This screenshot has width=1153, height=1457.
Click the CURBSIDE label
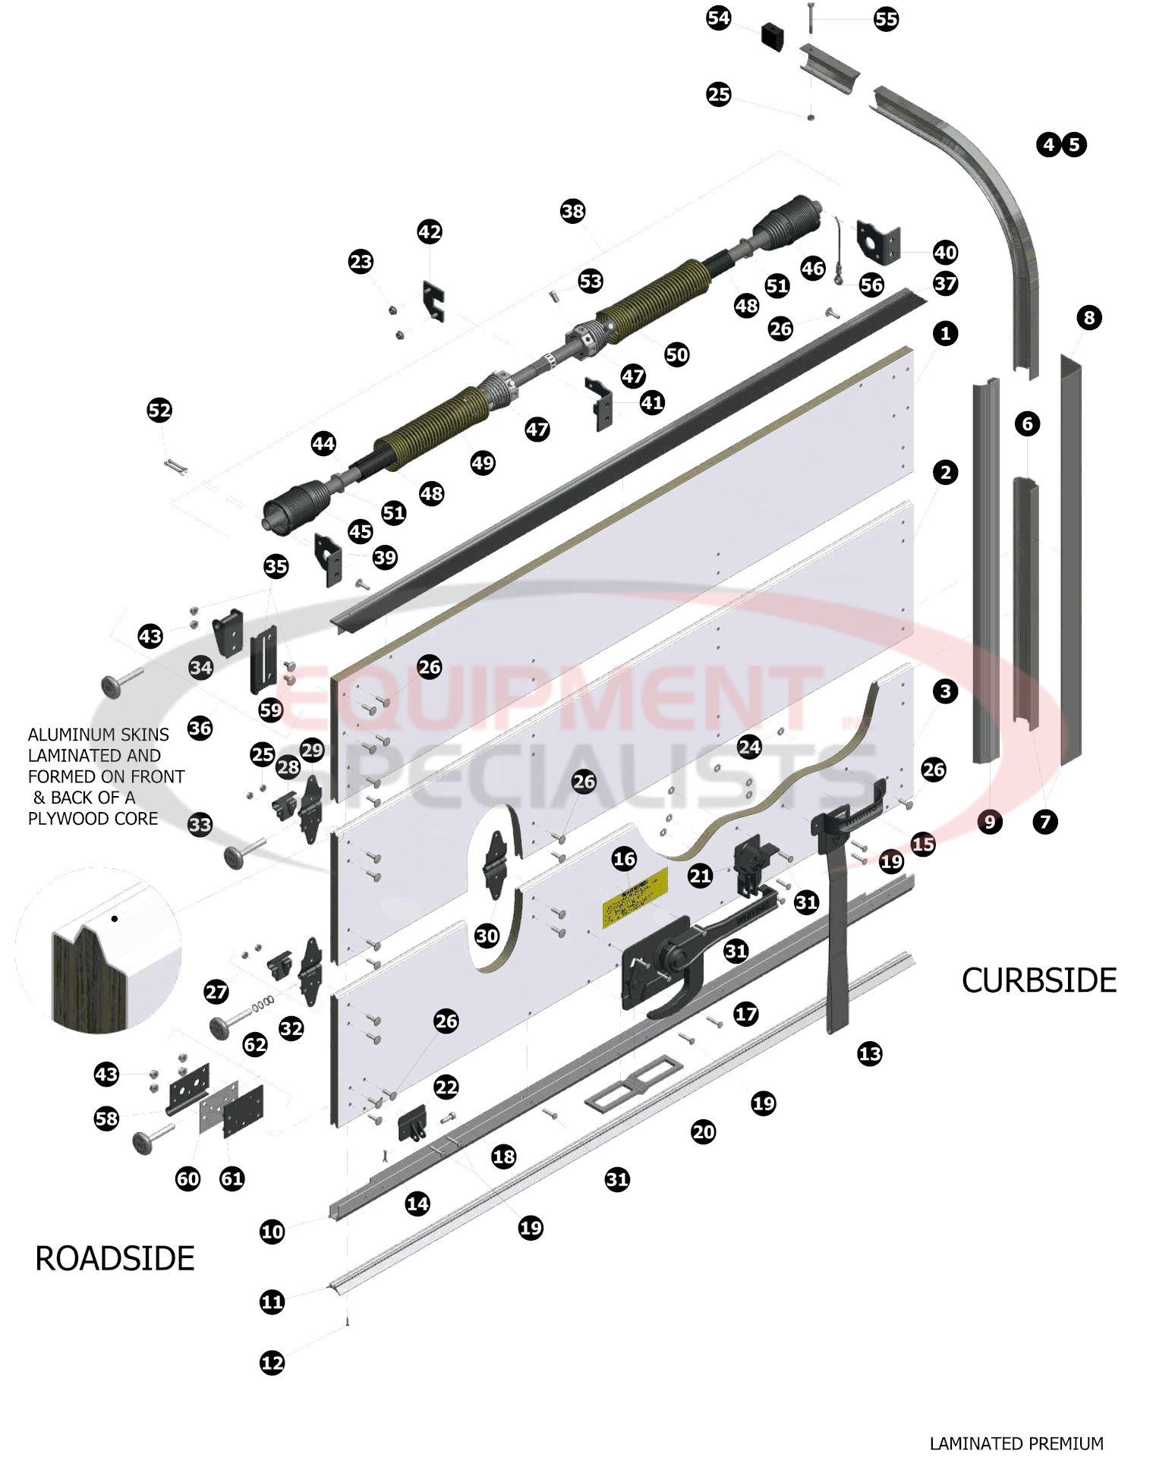[x=1038, y=980]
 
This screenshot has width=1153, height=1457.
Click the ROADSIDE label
[x=115, y=1258]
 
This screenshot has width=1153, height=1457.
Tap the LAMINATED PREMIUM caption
[x=1016, y=1443]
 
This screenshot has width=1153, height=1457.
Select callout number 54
[x=718, y=18]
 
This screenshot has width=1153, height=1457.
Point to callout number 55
[x=886, y=19]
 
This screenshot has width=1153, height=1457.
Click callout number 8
[x=1088, y=317]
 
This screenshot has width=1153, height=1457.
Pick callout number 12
[x=272, y=1362]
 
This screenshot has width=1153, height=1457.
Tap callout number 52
[x=159, y=411]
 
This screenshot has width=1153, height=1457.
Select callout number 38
[x=572, y=211]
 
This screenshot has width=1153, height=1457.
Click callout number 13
[x=869, y=1053]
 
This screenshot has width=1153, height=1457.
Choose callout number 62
[x=255, y=1045]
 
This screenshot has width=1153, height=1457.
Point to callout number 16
[x=624, y=859]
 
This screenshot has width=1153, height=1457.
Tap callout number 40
[x=945, y=252]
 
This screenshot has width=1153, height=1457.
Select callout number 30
[x=487, y=936]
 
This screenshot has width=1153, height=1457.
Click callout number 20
[x=703, y=1132]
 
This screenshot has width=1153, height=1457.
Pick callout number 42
[x=429, y=231]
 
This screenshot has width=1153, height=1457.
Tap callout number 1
[x=945, y=333]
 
